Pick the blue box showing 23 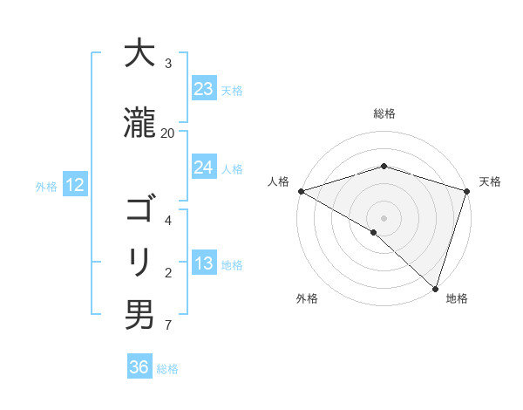[x=203, y=89]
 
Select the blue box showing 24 [x=203, y=167]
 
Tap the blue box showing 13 [x=203, y=264]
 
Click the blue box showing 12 [x=74, y=185]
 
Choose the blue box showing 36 [x=139, y=367]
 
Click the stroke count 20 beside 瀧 [x=167, y=133]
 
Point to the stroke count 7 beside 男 [x=167, y=326]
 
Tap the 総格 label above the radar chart [x=384, y=113]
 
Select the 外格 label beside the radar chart [x=307, y=298]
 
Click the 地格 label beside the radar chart [x=457, y=298]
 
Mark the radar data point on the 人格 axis [x=301, y=191]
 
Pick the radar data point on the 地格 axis [x=435, y=288]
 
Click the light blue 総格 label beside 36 [x=167, y=369]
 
